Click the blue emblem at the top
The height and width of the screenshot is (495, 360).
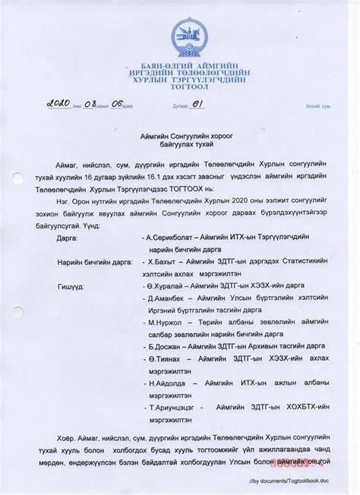coord(186,36)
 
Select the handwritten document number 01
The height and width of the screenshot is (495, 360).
coord(197,102)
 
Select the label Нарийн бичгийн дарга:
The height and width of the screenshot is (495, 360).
coord(94,261)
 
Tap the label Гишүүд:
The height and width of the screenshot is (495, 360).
coord(70,285)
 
